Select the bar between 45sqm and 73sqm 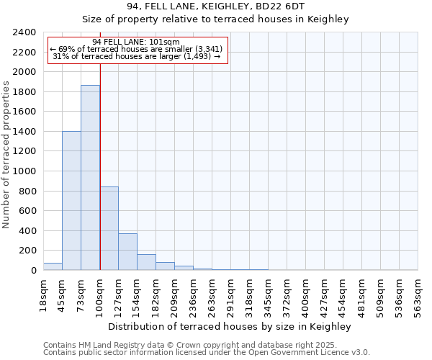click(71, 201)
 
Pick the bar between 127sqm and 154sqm click(127, 252)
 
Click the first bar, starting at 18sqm click(53, 266)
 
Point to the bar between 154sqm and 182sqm click(146, 262)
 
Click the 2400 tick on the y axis click(24, 32)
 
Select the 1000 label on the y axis click(24, 171)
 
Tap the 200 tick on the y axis click(27, 251)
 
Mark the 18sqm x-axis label click(44, 294)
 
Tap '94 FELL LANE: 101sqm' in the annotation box click(137, 42)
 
